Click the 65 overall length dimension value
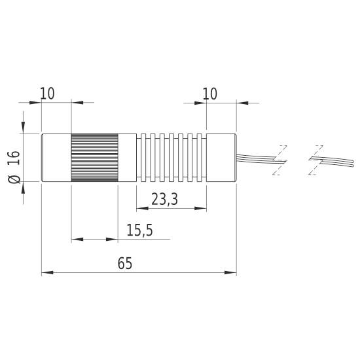125,263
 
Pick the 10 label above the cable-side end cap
209,94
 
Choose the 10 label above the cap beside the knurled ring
47,94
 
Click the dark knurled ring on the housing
94,158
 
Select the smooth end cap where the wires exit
221,158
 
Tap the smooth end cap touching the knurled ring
56,158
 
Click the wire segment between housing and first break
255,157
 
